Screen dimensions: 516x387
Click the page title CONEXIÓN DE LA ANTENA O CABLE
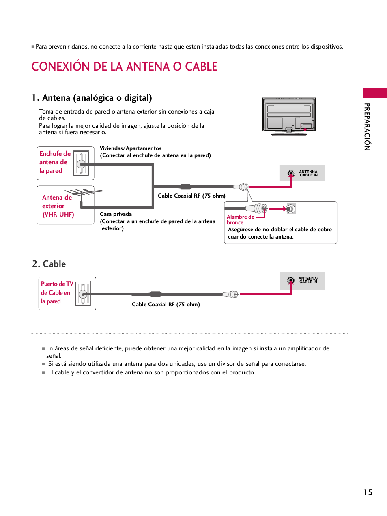click(x=124, y=67)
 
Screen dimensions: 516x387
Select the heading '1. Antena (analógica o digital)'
click(x=92, y=98)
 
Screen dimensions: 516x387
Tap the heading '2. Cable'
click(x=49, y=264)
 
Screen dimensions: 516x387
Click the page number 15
click(x=368, y=492)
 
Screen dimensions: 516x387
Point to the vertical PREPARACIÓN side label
click(x=367, y=127)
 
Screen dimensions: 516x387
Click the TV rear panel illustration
click(x=289, y=116)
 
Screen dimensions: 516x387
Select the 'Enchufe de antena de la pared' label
click(x=54, y=162)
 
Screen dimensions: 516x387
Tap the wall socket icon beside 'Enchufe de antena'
click(x=81, y=163)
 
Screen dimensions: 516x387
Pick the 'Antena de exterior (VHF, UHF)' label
click(x=57, y=206)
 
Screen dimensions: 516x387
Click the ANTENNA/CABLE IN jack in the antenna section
click(x=291, y=174)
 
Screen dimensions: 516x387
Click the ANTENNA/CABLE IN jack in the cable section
click(x=290, y=280)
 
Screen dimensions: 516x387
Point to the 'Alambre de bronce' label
click(x=240, y=219)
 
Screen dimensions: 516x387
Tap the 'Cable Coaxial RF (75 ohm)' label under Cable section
click(x=166, y=305)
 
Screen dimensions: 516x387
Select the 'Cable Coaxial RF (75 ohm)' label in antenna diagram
click(x=191, y=196)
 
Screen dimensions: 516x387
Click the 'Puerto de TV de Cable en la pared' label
click(x=56, y=293)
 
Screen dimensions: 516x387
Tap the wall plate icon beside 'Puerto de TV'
click(x=83, y=294)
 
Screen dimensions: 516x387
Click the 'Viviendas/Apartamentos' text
click(x=131, y=148)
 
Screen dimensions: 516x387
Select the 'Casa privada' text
click(x=116, y=214)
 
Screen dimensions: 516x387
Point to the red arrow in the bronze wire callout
click(x=278, y=209)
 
